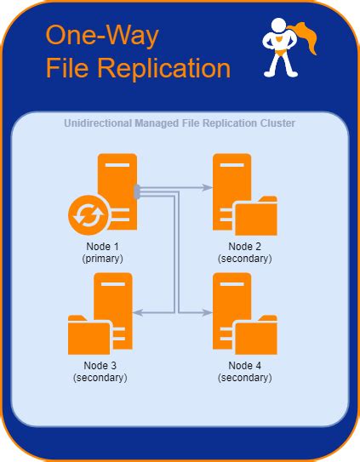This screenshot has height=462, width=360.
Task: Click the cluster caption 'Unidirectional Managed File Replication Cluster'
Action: [x=180, y=124]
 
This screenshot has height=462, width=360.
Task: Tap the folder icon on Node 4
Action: [x=256, y=336]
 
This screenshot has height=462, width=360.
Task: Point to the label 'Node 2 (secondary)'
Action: [x=246, y=251]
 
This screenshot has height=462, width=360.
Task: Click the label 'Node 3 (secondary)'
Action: [x=100, y=371]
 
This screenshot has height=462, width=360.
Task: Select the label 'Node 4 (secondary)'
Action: [x=246, y=371]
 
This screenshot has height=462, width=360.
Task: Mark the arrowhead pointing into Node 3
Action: [x=139, y=312]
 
